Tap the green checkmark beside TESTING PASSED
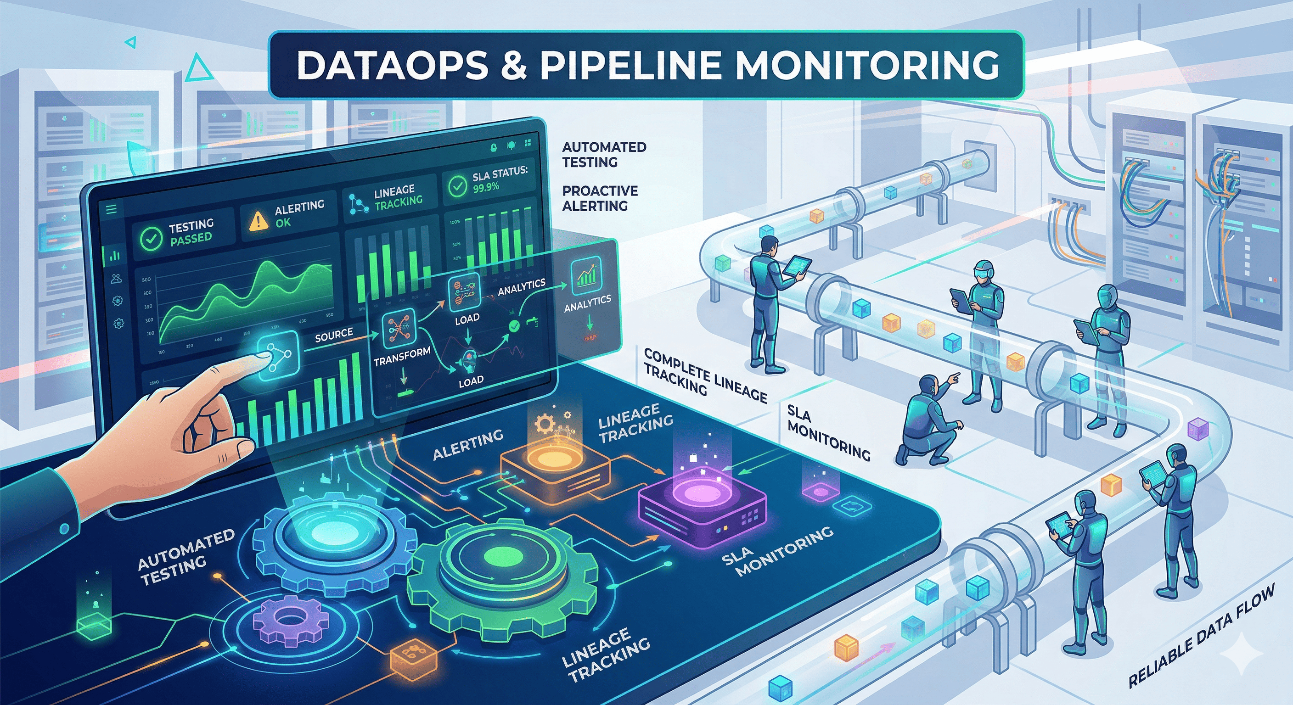151,238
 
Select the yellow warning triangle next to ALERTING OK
258,221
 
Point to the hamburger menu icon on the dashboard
112,209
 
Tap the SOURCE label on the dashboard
334,335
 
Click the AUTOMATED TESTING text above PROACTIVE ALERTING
603,154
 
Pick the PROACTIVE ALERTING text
599,198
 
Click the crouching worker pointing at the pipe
928,421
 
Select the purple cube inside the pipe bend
1197,430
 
